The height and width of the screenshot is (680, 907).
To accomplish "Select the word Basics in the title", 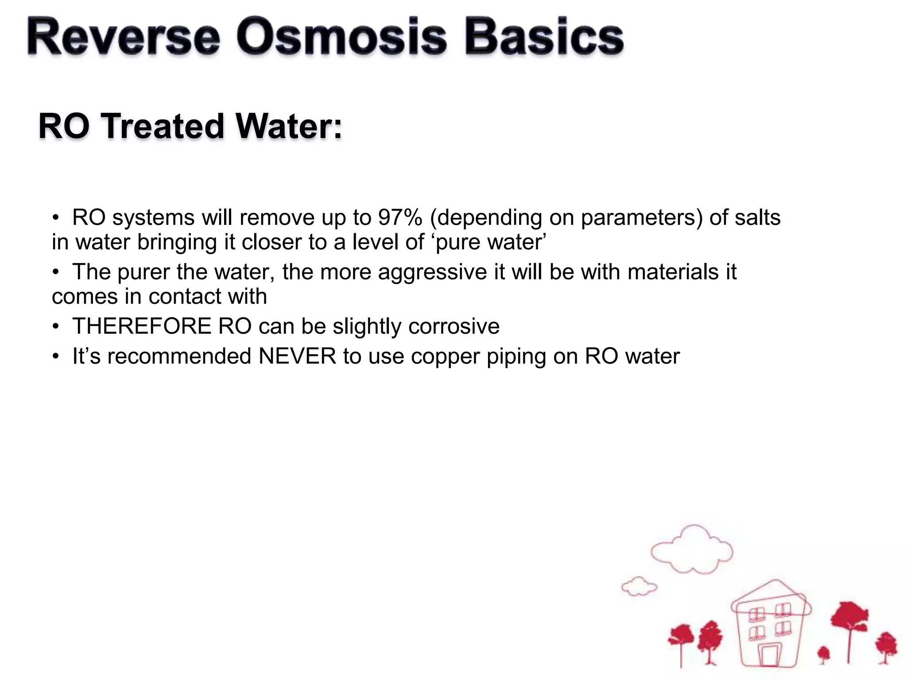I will tap(544, 37).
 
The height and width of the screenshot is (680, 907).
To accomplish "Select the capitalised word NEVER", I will tap(298, 356).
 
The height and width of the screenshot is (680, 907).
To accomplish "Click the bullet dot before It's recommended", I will tap(55, 356).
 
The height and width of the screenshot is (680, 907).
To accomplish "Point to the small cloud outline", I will tap(639, 586).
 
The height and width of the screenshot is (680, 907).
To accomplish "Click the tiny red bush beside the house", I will tap(823, 653).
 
